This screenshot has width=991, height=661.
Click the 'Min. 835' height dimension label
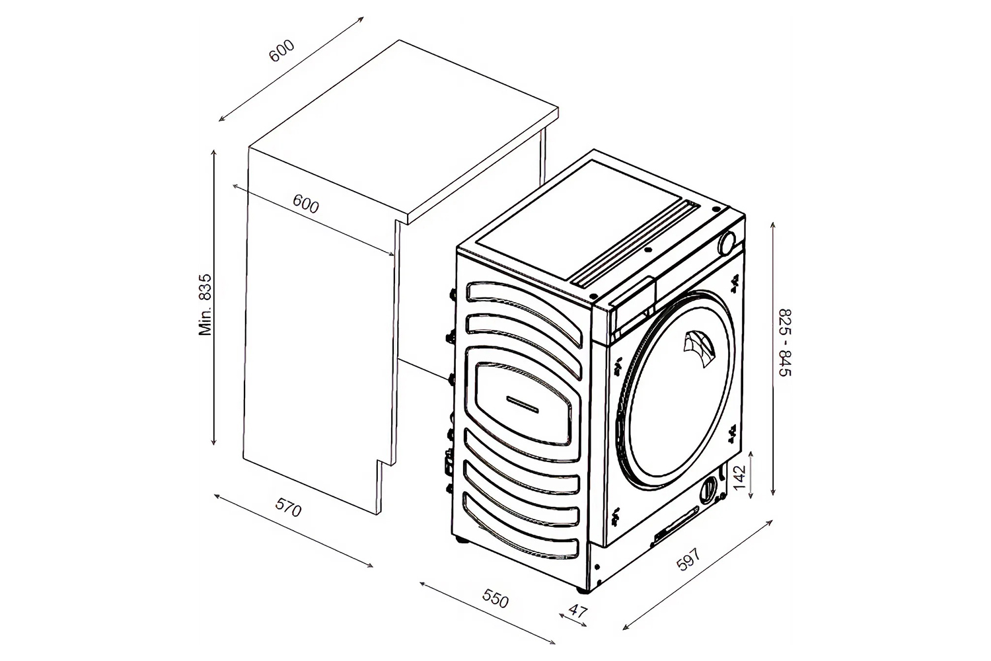click(206, 305)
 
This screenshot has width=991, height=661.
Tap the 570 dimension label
click(289, 510)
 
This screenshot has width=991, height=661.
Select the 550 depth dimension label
click(495, 600)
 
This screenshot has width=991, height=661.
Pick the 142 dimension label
click(739, 473)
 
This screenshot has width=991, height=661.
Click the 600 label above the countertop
click(281, 52)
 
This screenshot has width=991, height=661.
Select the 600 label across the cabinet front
click(306, 205)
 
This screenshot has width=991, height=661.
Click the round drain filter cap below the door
click(708, 489)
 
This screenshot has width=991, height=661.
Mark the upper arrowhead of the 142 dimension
click(752, 454)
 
